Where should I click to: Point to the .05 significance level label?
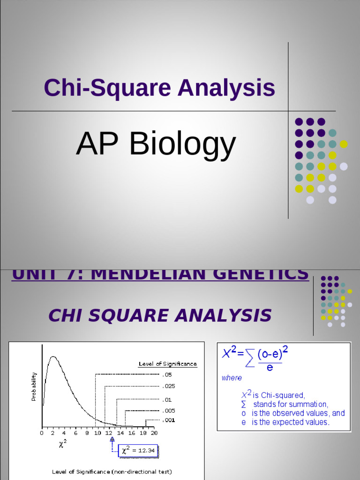(167, 375)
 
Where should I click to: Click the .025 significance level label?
(169, 387)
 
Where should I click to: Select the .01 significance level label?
(167, 400)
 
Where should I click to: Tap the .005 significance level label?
(169, 411)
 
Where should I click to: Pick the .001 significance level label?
(169, 420)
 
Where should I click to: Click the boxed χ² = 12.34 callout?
(138, 450)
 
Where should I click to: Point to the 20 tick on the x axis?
(154, 433)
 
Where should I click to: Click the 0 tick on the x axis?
(42, 433)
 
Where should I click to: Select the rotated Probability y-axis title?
(34, 387)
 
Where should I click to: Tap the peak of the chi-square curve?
(53, 357)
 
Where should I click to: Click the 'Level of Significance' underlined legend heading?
(167, 364)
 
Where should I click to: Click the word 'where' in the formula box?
(232, 378)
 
